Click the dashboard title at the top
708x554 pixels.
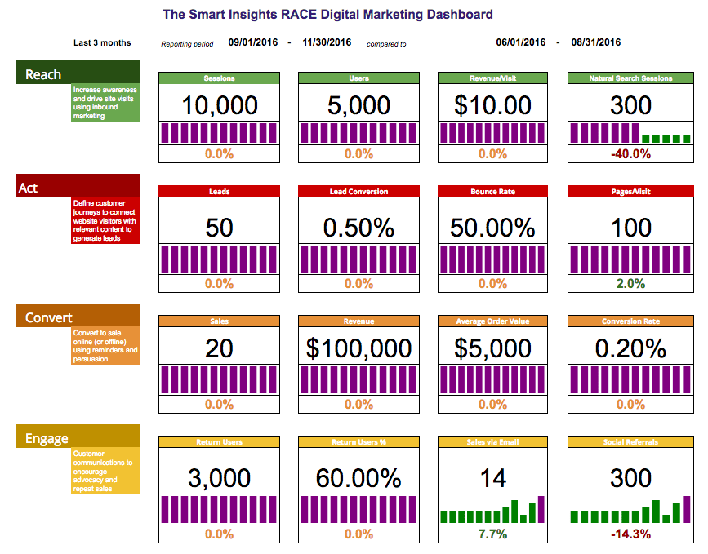tap(327, 15)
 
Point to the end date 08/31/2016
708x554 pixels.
tap(595, 42)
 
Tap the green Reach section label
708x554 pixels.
tap(43, 74)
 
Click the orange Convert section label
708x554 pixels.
tap(48, 317)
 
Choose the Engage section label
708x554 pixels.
tap(47, 438)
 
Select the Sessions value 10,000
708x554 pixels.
tap(220, 104)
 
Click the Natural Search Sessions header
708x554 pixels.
tap(630, 78)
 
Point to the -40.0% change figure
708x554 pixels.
tap(630, 153)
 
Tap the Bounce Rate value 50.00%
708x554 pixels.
tap(492, 227)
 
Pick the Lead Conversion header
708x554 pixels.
tap(358, 192)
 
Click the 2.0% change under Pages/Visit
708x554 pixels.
tap(630, 283)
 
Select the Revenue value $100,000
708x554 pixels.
tap(358, 348)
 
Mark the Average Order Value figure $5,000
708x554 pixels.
tap(492, 348)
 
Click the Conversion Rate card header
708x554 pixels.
tap(630, 321)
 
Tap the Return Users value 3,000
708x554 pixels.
tap(220, 477)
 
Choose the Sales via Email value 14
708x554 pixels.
tap(492, 477)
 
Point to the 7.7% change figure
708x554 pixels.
tap(492, 534)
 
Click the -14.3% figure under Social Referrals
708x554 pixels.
tap(630, 534)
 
